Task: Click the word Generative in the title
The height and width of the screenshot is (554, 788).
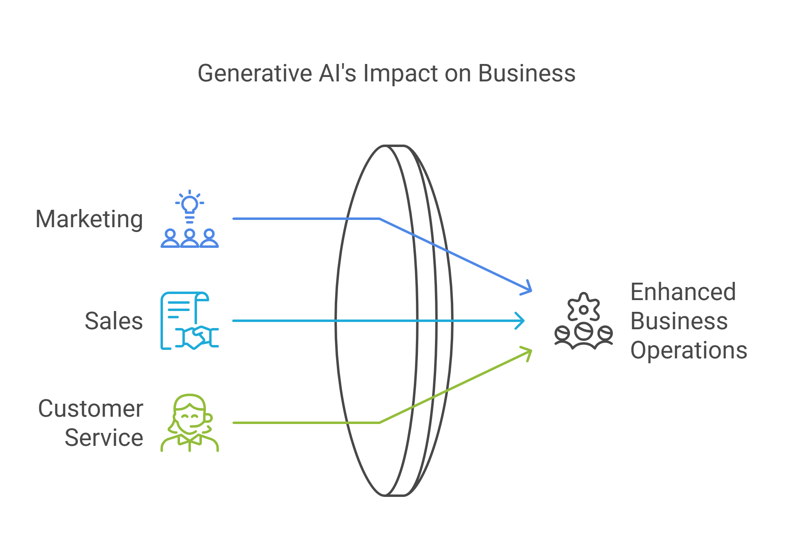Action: click(x=255, y=73)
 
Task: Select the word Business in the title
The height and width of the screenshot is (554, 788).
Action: click(x=527, y=73)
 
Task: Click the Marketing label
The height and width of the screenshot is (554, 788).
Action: click(x=89, y=219)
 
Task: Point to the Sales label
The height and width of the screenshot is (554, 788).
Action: click(x=113, y=321)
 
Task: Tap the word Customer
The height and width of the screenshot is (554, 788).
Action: click(x=90, y=408)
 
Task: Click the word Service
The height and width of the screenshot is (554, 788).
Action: click(x=104, y=438)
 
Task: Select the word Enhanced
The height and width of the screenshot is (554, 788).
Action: click(x=683, y=292)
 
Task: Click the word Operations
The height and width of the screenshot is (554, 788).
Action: click(x=689, y=350)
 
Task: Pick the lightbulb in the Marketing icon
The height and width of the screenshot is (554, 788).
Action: click(x=189, y=204)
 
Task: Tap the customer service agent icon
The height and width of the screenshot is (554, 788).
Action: click(x=189, y=423)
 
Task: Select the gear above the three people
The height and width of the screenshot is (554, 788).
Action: click(x=583, y=308)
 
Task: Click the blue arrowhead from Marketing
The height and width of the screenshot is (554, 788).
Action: click(x=528, y=289)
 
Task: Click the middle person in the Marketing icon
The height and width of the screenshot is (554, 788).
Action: click(x=189, y=239)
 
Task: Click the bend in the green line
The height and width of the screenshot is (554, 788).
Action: click(x=379, y=423)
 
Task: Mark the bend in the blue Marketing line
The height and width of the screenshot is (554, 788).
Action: click(x=379, y=219)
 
